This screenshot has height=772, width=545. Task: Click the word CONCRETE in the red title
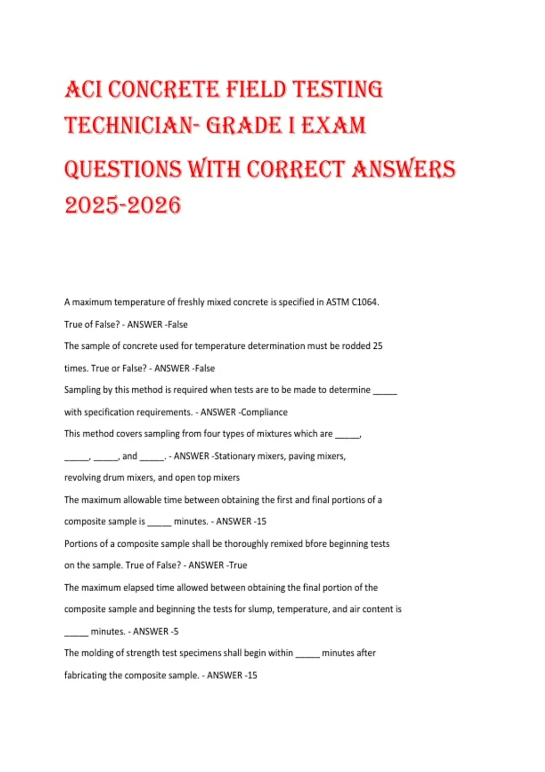click(163, 89)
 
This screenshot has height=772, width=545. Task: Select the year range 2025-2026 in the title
click(123, 205)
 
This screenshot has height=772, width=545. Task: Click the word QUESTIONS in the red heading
click(123, 169)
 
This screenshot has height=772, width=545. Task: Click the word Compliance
click(264, 412)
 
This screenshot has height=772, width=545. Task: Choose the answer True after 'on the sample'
click(238, 565)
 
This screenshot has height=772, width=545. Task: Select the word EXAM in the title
click(333, 125)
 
